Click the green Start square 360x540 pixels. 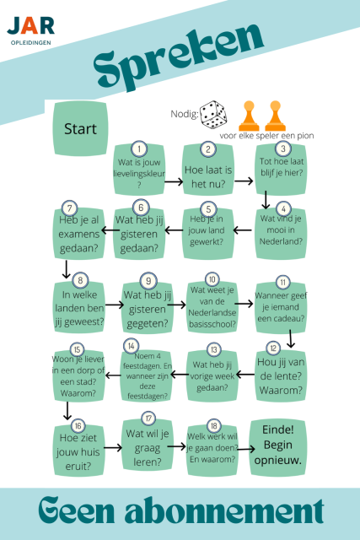point(80,128)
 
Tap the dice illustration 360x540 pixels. point(213,115)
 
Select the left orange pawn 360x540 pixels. point(249,116)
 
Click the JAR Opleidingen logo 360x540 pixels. point(31,30)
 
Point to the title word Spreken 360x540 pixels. point(178,57)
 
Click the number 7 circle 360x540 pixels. point(69,208)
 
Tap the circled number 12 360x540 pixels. point(273,348)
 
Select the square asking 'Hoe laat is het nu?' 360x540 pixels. point(208,170)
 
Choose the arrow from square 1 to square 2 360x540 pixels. point(174,181)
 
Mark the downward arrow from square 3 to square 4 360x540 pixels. point(266,200)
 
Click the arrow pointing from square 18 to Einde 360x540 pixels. point(245,449)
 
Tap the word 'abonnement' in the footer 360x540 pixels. point(224,511)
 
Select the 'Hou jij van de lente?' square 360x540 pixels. point(281,375)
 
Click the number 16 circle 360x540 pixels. point(78,426)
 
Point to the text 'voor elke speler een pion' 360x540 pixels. point(266,136)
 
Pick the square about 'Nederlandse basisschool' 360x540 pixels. point(212,307)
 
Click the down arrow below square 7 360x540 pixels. point(66,269)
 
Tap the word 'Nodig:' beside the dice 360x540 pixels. point(185,114)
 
